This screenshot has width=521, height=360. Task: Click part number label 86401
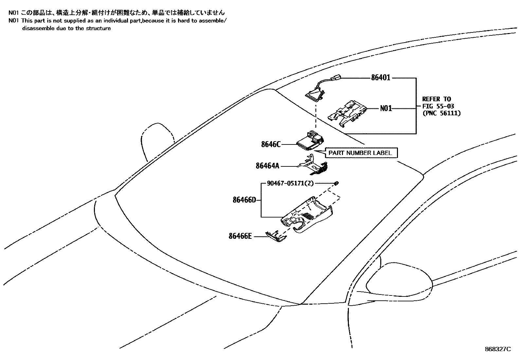point(381,78)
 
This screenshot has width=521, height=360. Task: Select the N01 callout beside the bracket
point(386,108)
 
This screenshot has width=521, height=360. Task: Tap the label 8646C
point(271,144)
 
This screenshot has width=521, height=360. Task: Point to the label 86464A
point(267,166)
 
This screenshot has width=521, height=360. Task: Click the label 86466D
point(244,199)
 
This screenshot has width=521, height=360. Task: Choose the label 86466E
point(240,236)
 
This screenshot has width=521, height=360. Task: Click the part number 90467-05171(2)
point(290,183)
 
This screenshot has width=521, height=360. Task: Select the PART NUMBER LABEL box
point(360,153)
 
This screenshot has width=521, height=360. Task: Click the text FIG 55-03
point(438,106)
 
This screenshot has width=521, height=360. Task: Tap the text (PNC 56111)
point(441,113)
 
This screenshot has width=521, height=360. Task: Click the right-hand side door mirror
point(399,282)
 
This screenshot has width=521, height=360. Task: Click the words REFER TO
point(436,99)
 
